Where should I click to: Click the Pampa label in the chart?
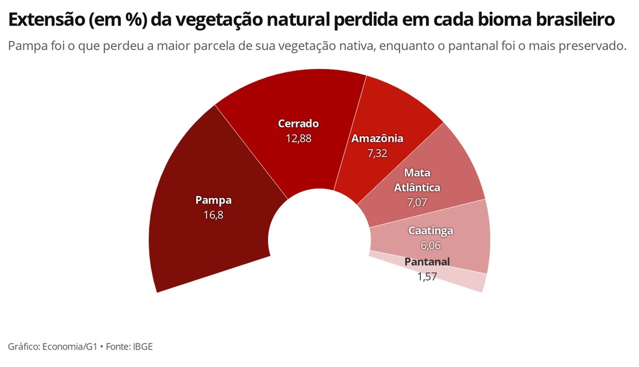(x=213, y=200)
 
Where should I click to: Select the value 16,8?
(x=213, y=214)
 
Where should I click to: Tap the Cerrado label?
(x=298, y=124)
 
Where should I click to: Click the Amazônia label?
(x=377, y=139)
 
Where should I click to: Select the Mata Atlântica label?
(x=417, y=180)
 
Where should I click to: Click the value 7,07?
(x=417, y=202)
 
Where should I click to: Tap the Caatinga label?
(x=431, y=230)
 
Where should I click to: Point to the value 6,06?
(x=431, y=245)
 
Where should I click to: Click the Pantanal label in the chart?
(x=427, y=262)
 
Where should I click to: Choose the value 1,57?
(x=427, y=276)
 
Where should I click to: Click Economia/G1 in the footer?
(x=69, y=347)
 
